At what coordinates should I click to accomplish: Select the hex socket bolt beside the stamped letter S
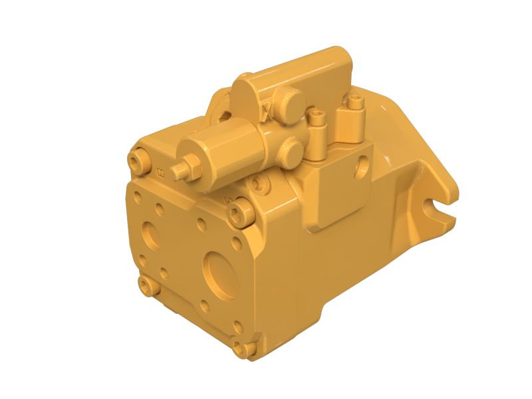pos(239,212)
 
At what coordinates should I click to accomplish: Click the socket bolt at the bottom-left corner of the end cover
pos(146,285)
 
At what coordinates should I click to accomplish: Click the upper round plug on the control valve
pos(290,100)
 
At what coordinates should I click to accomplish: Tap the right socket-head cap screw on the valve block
pos(356,103)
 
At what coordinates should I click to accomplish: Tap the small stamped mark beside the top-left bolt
pos(160,174)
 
